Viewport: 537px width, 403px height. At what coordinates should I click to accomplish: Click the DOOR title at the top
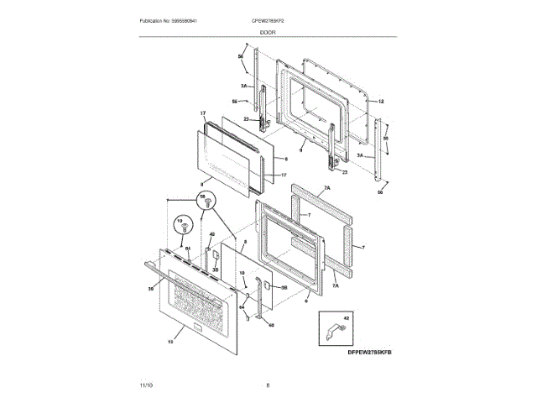[268, 31]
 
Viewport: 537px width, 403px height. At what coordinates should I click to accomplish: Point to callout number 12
[380, 101]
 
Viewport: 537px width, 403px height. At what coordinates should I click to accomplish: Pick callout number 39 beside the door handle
[152, 288]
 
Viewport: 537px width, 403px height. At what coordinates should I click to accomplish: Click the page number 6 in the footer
[268, 385]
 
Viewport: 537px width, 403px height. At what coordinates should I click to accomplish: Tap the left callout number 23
[247, 120]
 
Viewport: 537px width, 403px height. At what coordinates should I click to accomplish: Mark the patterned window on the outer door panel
[199, 304]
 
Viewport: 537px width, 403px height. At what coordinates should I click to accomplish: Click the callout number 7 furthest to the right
[364, 248]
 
